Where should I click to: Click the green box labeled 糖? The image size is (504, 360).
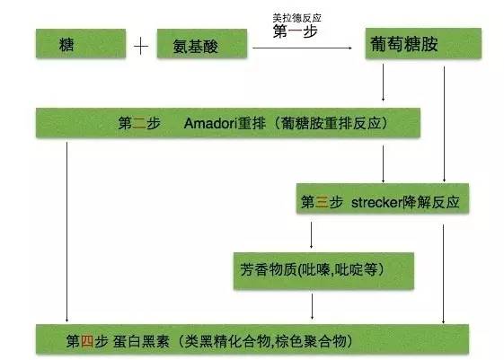coord(81,43)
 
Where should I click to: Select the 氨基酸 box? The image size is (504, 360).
coord(202,43)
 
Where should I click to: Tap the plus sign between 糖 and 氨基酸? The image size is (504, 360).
coord(141,47)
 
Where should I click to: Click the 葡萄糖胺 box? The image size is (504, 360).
coord(423,43)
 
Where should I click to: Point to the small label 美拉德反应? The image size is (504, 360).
coord(297,18)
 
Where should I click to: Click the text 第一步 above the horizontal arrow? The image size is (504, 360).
coord(296,31)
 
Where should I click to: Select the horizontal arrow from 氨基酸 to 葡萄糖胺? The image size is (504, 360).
coord(302,48)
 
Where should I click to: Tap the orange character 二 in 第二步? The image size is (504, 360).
coord(139,123)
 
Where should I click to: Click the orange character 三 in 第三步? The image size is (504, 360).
coord(322,202)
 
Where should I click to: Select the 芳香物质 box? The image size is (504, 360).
coord(323,271)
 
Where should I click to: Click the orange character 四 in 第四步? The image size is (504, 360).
coord(87,341)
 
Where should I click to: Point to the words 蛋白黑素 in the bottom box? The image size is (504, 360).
coord(141,341)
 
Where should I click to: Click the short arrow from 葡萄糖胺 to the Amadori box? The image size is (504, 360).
coord(383,83)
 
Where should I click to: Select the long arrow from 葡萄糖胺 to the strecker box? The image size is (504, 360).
coord(444,124)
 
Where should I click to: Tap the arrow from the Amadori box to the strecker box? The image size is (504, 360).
coord(383,163)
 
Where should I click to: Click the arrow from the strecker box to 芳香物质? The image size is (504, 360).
coord(311,235)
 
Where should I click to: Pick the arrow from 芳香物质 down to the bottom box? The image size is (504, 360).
coord(312,306)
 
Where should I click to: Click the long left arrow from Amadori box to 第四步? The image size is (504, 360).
coord(66,232)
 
